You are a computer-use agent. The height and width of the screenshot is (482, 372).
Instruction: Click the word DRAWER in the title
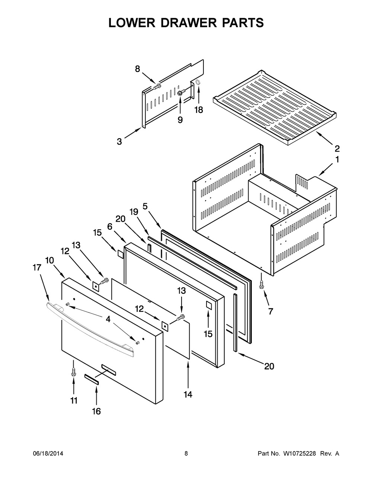pyautogui.click(x=189, y=23)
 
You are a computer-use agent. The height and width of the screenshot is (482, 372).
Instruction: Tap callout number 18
pyautogui.click(x=199, y=110)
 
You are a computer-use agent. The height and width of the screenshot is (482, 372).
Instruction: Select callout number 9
pyautogui.click(x=180, y=120)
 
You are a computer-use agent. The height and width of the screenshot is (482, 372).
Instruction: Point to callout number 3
pyautogui.click(x=119, y=141)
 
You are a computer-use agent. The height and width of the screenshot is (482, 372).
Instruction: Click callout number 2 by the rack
pyautogui.click(x=337, y=148)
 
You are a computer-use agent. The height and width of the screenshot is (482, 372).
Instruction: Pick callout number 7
pyautogui.click(x=270, y=311)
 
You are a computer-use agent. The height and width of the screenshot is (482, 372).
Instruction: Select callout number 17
pyautogui.click(x=37, y=267)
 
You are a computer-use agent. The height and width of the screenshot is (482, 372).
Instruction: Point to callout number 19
pyautogui.click(x=134, y=212)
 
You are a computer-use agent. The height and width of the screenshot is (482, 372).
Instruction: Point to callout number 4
pyautogui.click(x=108, y=319)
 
